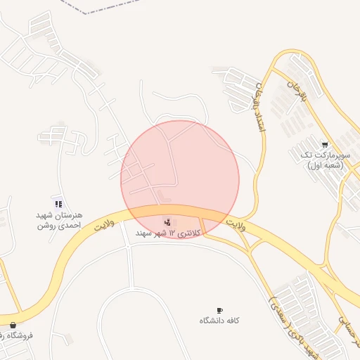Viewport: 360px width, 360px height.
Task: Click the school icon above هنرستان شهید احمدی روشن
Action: [58, 203]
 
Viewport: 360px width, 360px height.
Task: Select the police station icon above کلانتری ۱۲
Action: [167, 222]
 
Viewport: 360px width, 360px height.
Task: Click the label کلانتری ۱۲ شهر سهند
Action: [169, 232]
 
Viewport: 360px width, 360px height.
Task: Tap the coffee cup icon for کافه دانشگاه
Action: [219, 311]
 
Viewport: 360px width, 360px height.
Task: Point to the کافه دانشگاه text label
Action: [219, 321]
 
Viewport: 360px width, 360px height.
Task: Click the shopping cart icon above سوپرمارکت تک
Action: [324, 145]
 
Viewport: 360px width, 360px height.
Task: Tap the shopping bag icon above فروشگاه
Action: [13, 326]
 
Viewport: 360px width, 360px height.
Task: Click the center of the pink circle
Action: [180, 180]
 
